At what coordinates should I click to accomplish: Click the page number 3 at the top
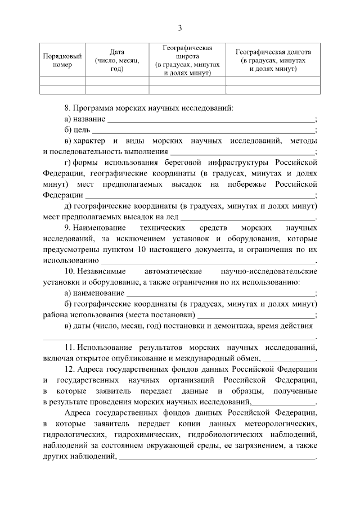tap(180, 28)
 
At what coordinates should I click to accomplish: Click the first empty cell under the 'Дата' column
tap(116, 80)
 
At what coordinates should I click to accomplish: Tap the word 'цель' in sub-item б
tap(83, 130)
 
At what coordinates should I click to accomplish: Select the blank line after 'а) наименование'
tap(220, 293)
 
